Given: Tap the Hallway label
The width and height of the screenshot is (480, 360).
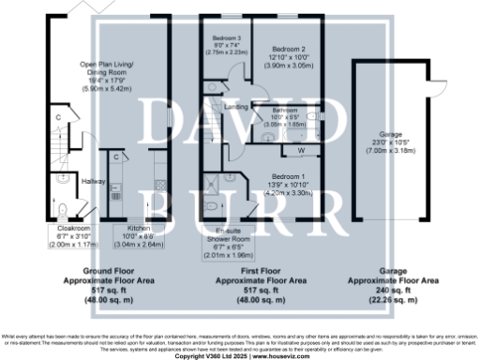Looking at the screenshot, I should tap(93, 181).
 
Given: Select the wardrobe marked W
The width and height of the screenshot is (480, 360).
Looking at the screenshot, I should tap(301, 150).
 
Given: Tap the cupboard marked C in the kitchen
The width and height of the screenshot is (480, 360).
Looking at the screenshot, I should tap(115, 157).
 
